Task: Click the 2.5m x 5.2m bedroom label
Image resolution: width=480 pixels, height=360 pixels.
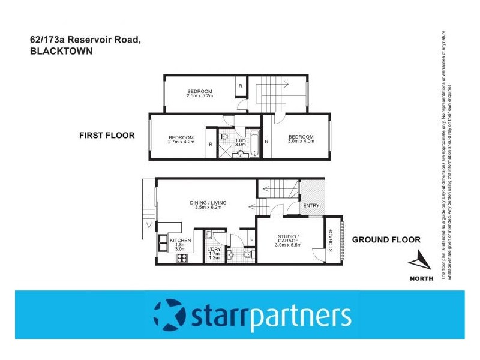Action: click(200, 93)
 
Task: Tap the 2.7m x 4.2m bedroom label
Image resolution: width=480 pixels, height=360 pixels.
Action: click(181, 140)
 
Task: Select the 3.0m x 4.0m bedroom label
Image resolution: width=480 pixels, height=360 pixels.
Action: click(301, 139)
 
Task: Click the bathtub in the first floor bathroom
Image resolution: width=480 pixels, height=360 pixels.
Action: click(254, 145)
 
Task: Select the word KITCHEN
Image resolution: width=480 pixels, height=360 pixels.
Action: click(181, 240)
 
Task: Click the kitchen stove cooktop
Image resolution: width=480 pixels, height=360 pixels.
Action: click(181, 259)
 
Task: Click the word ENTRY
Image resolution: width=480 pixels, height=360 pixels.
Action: click(311, 206)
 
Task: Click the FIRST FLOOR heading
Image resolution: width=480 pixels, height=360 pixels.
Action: click(107, 136)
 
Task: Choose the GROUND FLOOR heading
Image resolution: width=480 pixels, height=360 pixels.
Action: click(386, 239)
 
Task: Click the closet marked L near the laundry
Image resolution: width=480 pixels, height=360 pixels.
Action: click(251, 239)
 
